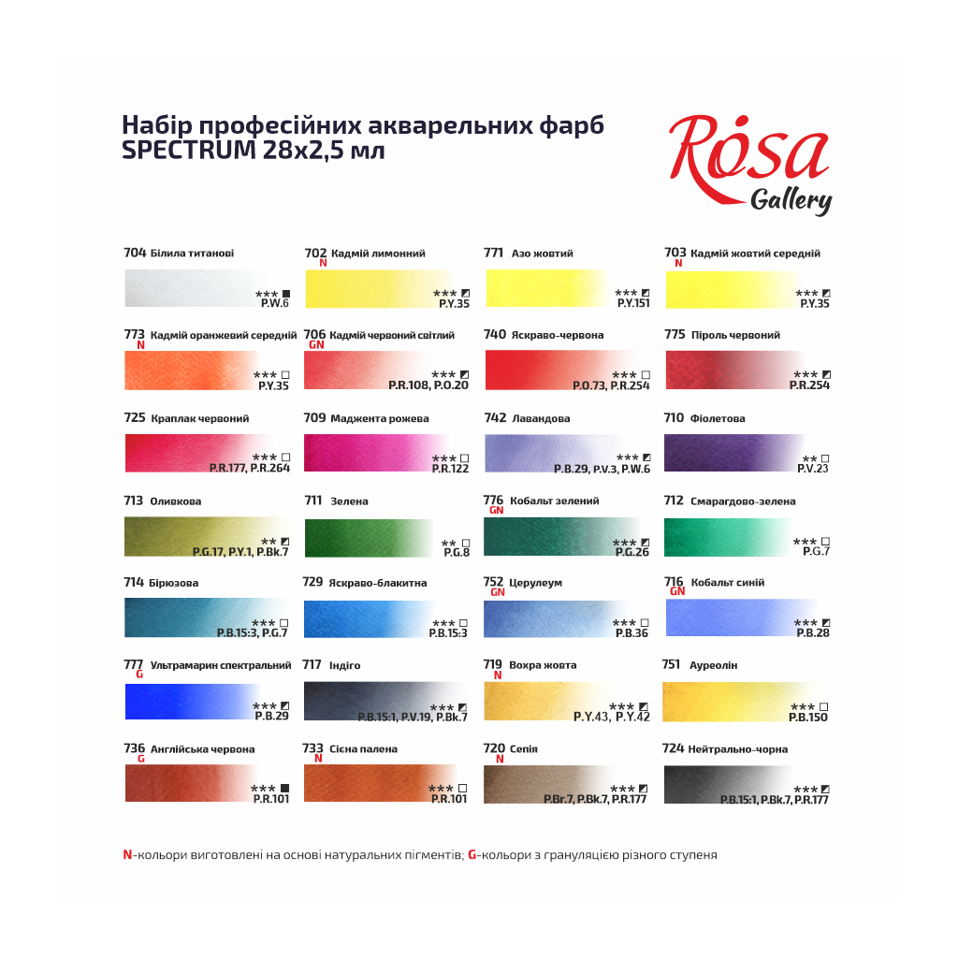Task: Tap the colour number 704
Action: click(x=135, y=253)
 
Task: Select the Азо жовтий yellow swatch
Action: click(x=543, y=288)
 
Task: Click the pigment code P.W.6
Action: click(x=275, y=303)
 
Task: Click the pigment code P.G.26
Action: click(x=631, y=553)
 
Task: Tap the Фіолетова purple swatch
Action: click(x=720, y=454)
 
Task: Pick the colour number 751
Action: click(x=671, y=665)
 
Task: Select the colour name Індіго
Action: click(x=344, y=665)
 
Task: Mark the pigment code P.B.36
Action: click(x=631, y=633)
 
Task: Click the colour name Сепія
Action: click(x=525, y=749)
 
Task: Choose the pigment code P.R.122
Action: click(x=450, y=469)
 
